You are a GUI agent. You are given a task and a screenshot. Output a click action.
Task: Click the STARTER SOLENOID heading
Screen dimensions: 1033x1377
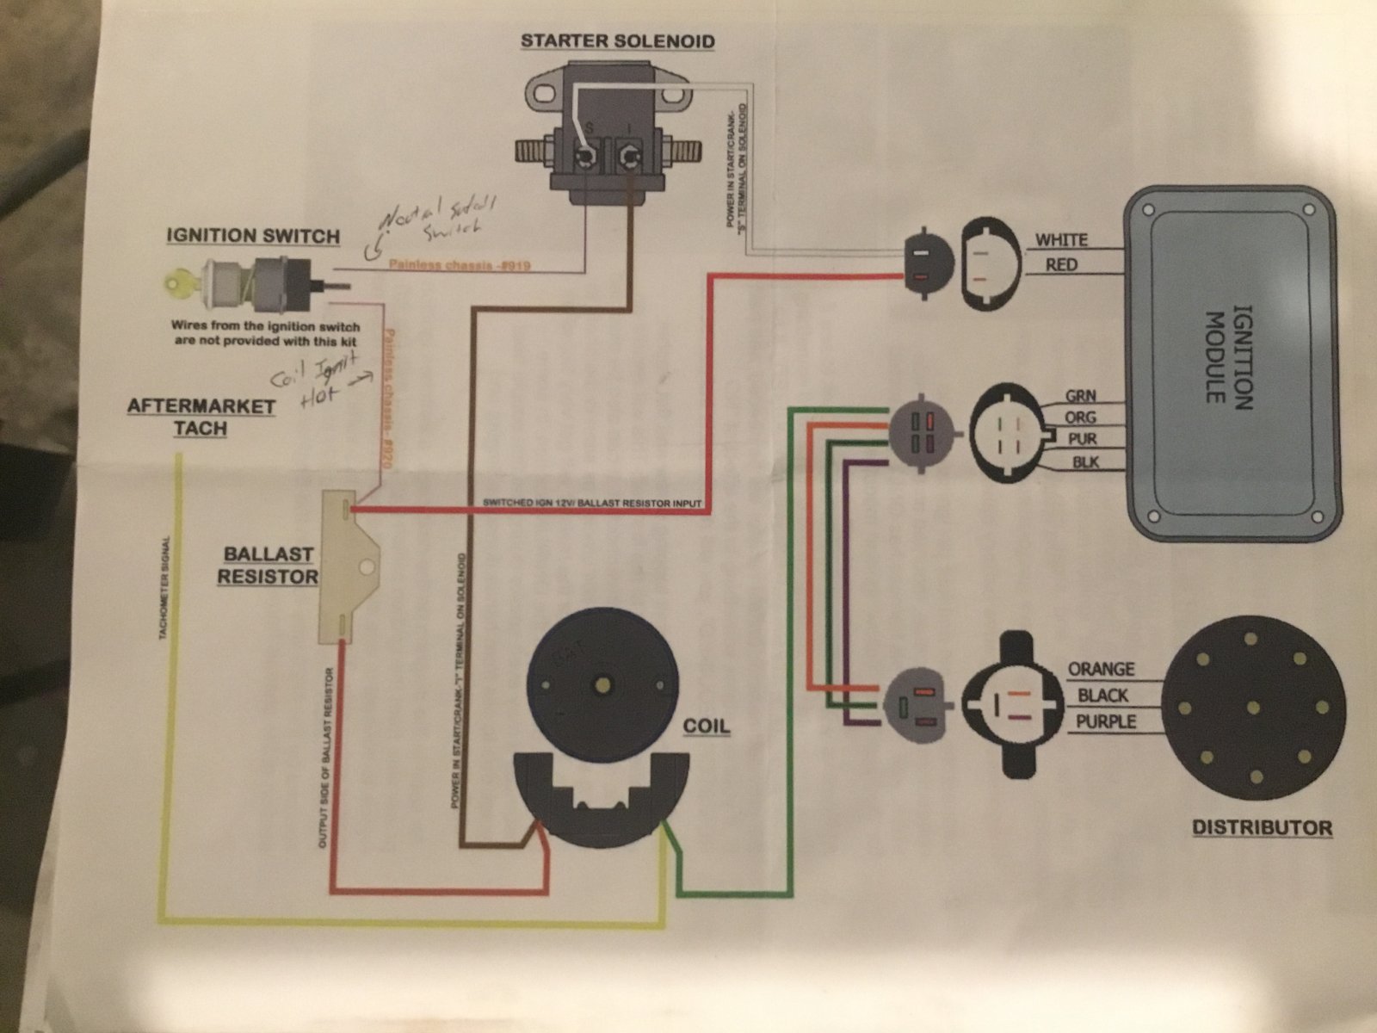click(x=617, y=41)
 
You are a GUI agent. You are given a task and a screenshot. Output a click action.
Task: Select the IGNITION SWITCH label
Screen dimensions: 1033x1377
click(x=253, y=236)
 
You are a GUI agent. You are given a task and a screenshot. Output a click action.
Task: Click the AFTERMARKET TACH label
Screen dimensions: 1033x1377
click(x=201, y=417)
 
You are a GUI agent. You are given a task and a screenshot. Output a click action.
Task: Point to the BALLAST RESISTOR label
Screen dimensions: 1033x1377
click(x=267, y=565)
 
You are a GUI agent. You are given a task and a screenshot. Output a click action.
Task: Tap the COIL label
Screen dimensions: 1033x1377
click(x=706, y=726)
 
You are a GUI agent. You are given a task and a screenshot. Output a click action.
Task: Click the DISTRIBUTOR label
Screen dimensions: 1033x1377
click(x=1262, y=828)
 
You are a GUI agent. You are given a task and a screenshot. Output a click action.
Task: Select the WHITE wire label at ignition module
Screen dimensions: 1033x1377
click(x=1061, y=240)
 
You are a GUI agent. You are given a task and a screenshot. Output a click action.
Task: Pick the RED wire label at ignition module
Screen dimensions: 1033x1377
click(x=1061, y=265)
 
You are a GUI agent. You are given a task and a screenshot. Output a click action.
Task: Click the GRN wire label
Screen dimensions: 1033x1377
click(x=1081, y=397)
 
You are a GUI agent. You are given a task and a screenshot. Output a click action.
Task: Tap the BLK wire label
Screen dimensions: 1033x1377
click(x=1084, y=463)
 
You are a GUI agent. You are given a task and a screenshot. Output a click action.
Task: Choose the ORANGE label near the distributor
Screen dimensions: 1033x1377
click(x=1101, y=669)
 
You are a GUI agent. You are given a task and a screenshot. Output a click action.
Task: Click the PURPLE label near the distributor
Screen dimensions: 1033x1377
click(x=1106, y=721)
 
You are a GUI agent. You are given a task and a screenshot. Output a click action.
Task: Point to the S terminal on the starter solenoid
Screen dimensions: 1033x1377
click(x=586, y=155)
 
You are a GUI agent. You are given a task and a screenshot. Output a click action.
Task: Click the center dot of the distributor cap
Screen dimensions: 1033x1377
click(x=1253, y=708)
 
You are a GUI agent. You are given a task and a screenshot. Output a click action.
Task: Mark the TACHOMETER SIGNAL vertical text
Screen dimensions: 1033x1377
click(x=164, y=590)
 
